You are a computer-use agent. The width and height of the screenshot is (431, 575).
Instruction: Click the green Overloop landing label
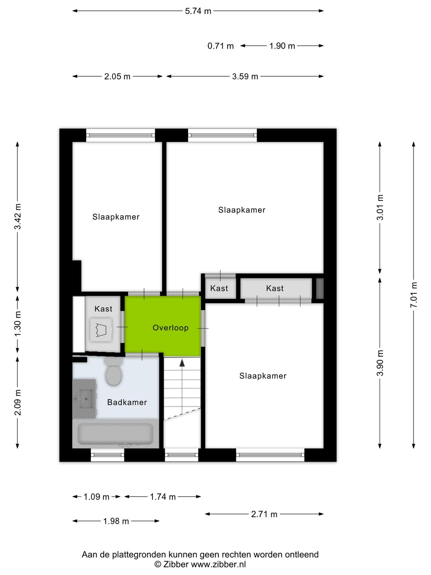(x=170, y=328)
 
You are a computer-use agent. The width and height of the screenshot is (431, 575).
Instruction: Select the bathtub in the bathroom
(x=115, y=434)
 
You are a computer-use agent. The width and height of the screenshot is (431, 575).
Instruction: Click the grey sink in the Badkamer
(x=84, y=399)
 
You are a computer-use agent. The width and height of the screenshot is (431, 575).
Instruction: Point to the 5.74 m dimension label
(x=198, y=11)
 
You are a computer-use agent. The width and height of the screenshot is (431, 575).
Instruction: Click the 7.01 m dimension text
(x=414, y=295)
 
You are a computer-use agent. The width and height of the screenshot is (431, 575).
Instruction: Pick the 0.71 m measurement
(x=220, y=46)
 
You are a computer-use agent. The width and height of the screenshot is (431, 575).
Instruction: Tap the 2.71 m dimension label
(x=264, y=514)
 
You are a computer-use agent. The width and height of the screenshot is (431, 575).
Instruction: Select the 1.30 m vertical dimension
(x=18, y=323)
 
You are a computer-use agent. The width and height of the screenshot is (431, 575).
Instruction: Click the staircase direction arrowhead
(x=182, y=363)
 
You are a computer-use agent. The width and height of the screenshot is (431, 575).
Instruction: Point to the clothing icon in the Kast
(x=101, y=330)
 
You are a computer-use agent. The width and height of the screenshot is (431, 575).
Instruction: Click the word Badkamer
(x=127, y=402)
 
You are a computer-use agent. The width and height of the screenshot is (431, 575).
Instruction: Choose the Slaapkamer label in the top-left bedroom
(x=116, y=217)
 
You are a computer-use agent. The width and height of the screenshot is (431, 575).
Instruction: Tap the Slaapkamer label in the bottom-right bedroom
(x=263, y=376)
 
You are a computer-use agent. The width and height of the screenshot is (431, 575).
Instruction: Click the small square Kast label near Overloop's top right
(x=219, y=288)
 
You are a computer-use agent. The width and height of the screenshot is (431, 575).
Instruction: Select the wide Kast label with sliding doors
(x=275, y=288)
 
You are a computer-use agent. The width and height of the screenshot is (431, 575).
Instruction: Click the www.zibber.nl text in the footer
(x=218, y=564)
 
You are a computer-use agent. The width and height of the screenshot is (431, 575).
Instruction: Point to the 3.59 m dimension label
(x=245, y=76)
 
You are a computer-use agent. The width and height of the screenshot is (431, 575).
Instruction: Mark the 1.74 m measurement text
(x=163, y=497)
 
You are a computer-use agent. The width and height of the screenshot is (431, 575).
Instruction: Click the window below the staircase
(x=182, y=455)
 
